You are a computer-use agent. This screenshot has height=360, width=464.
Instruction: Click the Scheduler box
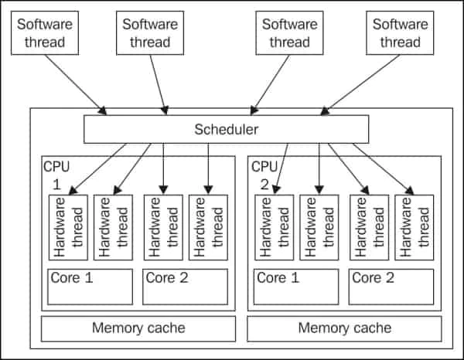225,129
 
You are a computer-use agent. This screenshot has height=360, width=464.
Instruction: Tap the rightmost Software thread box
399,32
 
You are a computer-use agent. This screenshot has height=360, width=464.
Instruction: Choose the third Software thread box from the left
288,32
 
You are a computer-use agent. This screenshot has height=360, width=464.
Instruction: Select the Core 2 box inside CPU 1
186,287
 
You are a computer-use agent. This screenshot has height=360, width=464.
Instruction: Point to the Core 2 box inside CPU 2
391,287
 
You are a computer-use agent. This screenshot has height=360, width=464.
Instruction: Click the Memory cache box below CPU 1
138,328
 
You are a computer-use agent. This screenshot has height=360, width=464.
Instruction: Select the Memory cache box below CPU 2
344,328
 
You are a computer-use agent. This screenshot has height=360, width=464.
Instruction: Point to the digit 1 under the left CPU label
56,185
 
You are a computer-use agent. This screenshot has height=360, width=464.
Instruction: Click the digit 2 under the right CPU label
263,185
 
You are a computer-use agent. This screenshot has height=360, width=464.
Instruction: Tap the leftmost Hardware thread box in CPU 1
67,227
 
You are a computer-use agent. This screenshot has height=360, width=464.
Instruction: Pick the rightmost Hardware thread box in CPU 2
414,227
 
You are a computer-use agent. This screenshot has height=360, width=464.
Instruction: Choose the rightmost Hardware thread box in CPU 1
207,227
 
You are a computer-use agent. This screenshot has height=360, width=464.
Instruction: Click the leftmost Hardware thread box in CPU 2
274,227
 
